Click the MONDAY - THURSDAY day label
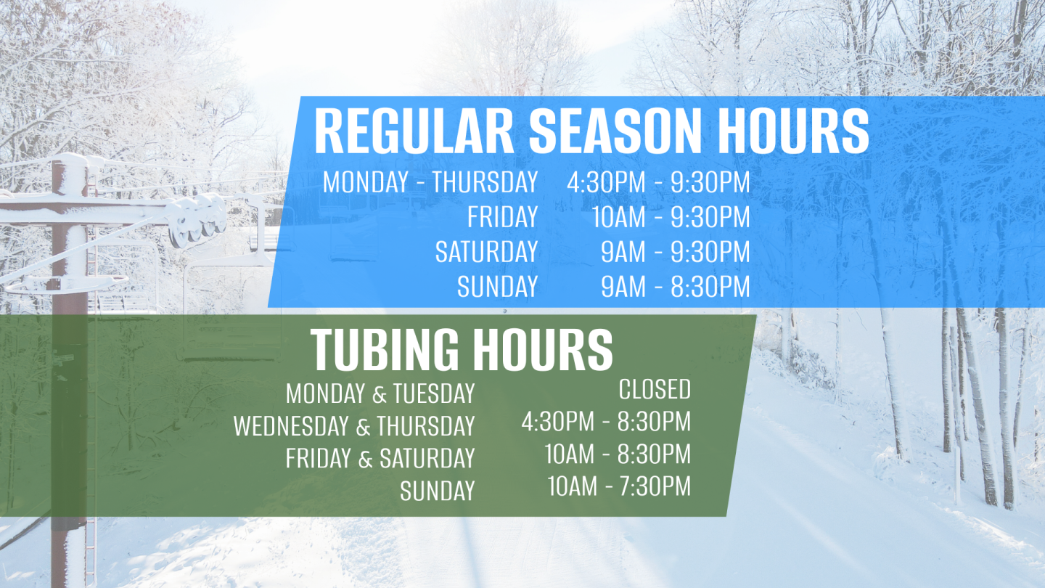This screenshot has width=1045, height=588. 430,182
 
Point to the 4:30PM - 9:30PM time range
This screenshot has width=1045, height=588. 658,182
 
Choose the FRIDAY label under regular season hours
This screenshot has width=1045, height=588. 502,217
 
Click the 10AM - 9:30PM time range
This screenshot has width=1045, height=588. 671,217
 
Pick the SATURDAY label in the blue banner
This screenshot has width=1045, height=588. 486,252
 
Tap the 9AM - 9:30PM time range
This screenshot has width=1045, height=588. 675,252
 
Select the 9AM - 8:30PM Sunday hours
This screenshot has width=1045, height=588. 675,287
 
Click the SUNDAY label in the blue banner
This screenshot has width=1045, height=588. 497,287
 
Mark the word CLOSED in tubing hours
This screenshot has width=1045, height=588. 655,390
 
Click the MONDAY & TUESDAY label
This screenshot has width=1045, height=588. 380,394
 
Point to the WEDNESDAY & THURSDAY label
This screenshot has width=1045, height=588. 354,427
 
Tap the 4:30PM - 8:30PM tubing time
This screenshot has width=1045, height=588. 606,422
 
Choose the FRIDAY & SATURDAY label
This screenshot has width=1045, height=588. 380,459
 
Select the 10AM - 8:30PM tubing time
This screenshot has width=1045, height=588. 618,454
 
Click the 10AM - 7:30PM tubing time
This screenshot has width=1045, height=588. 619,486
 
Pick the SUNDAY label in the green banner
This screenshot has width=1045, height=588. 437,491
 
